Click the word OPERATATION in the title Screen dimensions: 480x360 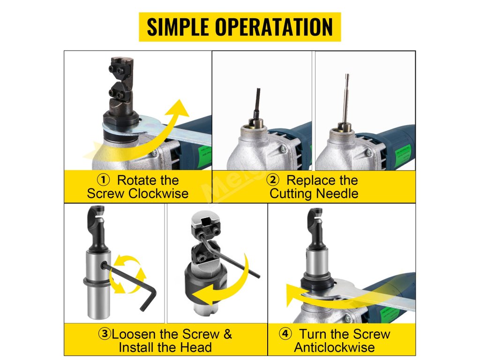274,27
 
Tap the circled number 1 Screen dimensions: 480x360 104,180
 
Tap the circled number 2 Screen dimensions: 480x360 273,180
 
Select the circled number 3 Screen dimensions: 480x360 105,334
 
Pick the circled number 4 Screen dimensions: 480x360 285,333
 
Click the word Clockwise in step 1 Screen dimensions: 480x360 158,194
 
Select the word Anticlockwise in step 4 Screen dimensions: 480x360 334,347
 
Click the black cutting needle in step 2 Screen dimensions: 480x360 257,103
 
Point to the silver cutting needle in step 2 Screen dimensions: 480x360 346,98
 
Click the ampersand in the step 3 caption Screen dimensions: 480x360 227,334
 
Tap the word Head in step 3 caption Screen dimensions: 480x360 196,347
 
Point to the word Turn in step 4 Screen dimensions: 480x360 314,334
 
